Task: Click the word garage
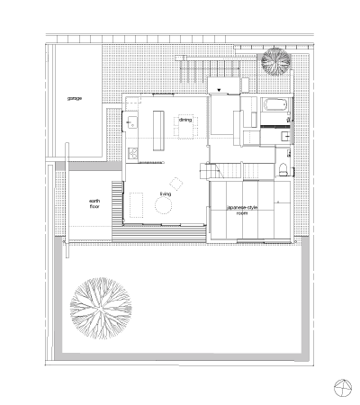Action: tap(75, 98)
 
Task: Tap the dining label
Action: tap(185, 120)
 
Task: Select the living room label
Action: tap(166, 194)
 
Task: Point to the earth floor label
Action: tap(94, 203)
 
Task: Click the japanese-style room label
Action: tap(242, 210)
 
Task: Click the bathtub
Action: tap(275, 105)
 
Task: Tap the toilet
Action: tap(283, 169)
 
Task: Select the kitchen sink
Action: tap(131, 122)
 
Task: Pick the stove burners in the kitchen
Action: tap(133, 153)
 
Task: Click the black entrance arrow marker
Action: tap(220, 90)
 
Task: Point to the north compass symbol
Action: tap(343, 388)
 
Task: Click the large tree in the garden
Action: tap(101, 309)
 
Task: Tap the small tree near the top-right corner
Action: tap(275, 61)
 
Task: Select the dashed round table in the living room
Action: tap(164, 206)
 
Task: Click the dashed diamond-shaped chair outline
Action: tap(176, 184)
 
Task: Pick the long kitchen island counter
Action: tap(158, 130)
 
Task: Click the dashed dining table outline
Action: tap(188, 127)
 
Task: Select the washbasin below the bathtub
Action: tap(286, 136)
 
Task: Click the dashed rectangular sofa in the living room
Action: tap(137, 205)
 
